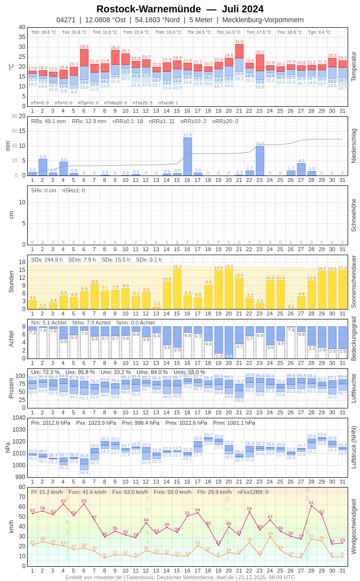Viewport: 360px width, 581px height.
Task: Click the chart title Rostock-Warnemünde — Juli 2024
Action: (x=180, y=9)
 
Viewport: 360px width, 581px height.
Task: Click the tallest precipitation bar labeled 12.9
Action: (x=187, y=156)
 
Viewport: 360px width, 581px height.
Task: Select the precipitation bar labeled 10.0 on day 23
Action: (x=260, y=161)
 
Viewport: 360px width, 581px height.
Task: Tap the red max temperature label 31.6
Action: (x=239, y=42)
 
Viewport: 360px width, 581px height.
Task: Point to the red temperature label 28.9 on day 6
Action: (x=84, y=46)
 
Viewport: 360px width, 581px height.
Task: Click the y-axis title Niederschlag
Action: (x=354, y=146)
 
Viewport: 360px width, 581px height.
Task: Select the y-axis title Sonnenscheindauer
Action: (x=354, y=281)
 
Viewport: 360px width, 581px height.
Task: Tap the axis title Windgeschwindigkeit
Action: (x=354, y=526)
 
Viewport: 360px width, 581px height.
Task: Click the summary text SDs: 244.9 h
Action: (x=47, y=260)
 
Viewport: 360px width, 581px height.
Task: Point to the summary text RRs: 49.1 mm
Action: (x=48, y=121)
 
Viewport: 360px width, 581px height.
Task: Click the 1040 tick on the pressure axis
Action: (x=19, y=417)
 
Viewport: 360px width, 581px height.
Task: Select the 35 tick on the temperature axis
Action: (x=22, y=37)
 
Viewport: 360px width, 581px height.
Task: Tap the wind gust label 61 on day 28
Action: (x=311, y=502)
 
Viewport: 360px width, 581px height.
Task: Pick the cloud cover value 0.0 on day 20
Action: (x=229, y=356)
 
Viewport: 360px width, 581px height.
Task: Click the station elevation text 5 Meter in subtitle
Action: (x=201, y=20)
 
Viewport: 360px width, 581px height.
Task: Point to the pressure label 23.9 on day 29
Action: (x=321, y=435)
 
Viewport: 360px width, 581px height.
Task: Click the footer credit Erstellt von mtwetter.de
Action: (x=94, y=577)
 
